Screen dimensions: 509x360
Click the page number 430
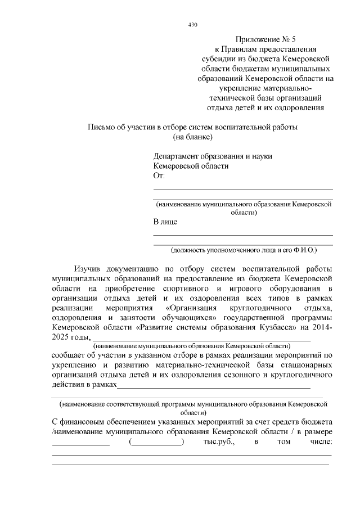tap(192, 24)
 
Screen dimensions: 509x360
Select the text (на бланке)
tap(192, 137)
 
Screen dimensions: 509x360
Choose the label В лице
tap(165, 222)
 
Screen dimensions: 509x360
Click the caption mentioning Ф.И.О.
tap(244, 249)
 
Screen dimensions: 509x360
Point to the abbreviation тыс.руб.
tap(217, 442)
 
